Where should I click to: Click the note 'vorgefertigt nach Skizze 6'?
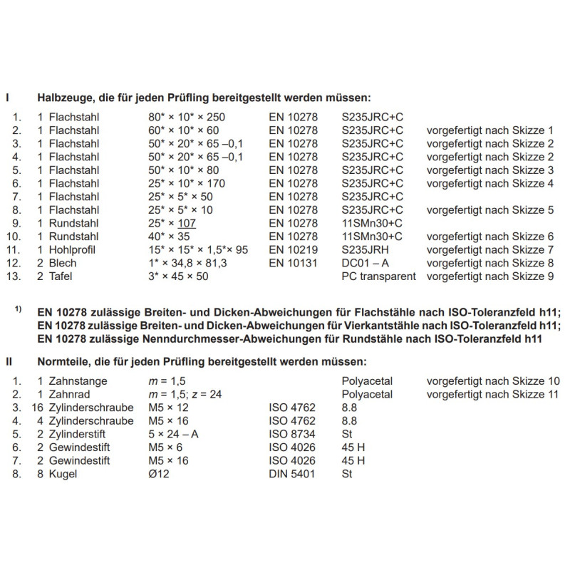[x=490, y=237]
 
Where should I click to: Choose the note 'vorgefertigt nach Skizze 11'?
[x=493, y=394]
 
